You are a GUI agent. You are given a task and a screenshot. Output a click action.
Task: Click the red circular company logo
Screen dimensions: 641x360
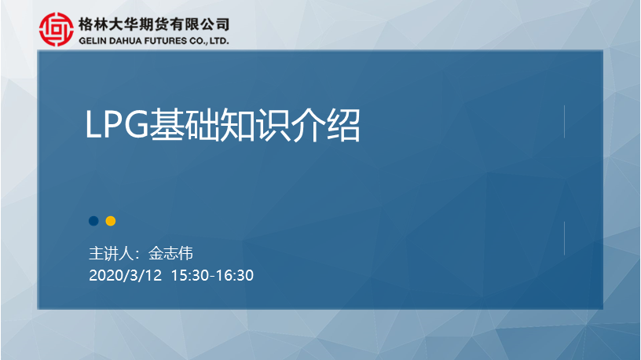click(x=57, y=29)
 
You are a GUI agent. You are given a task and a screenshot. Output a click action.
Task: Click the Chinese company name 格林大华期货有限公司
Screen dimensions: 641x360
click(x=154, y=24)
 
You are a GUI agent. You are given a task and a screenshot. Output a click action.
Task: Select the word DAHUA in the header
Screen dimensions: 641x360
click(x=123, y=41)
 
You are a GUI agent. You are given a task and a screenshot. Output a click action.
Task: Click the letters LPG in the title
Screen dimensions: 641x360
click(x=117, y=125)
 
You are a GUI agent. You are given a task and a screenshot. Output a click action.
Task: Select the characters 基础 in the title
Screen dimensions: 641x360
click(x=185, y=125)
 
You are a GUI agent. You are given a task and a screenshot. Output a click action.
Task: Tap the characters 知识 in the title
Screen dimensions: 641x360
click(x=255, y=125)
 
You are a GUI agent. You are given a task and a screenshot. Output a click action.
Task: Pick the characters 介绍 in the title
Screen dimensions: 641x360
click(x=325, y=125)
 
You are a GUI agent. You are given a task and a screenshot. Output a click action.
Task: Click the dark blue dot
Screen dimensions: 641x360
click(x=93, y=221)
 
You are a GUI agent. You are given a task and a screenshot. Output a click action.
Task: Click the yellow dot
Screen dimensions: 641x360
click(x=111, y=221)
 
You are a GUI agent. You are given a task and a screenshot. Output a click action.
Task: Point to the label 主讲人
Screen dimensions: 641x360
click(x=112, y=254)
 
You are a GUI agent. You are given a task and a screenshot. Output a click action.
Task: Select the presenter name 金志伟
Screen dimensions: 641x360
click(x=170, y=254)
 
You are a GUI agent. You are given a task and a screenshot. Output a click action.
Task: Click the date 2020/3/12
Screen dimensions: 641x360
click(x=126, y=275)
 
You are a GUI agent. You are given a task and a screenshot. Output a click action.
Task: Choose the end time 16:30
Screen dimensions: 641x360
click(x=235, y=275)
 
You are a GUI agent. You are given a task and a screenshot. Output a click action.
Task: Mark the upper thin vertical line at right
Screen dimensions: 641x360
click(x=564, y=122)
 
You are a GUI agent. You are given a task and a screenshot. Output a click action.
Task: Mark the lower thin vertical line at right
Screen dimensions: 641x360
click(x=564, y=238)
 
